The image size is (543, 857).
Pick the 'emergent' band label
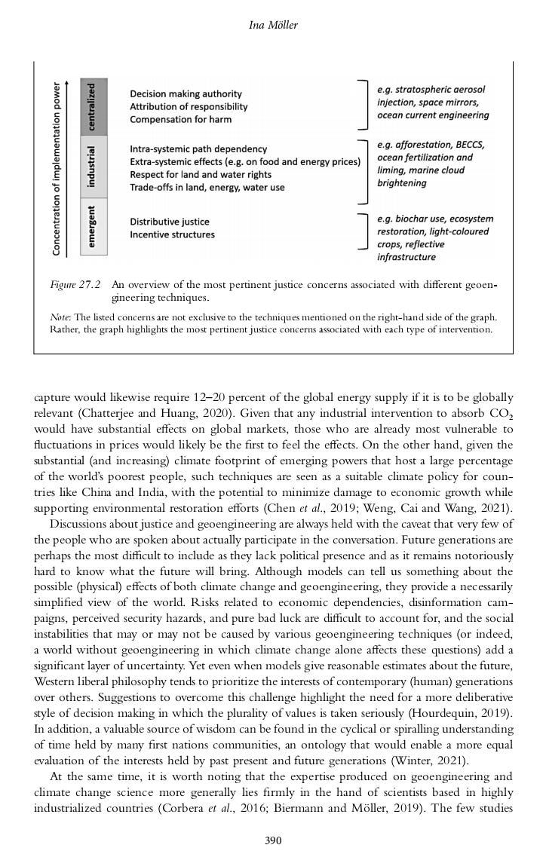click(93, 227)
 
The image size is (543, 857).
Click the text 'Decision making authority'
click(186, 94)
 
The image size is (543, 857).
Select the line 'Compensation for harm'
click(179, 119)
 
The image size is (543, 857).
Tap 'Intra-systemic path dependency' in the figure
click(198, 149)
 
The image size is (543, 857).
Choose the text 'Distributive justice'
click(170, 222)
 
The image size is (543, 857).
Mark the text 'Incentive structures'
click(172, 234)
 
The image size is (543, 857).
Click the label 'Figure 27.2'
click(75, 286)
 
